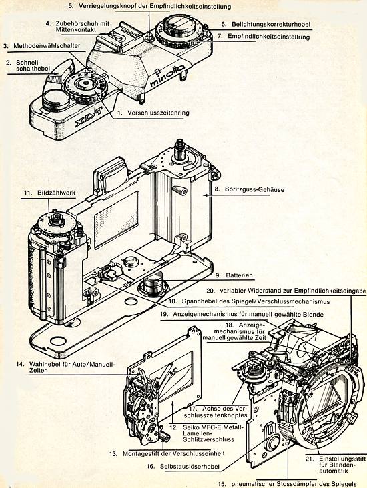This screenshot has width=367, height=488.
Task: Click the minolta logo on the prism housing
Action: coord(167,76)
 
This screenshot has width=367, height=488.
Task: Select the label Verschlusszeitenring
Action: coord(158,113)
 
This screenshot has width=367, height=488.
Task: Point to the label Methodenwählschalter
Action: coord(47,46)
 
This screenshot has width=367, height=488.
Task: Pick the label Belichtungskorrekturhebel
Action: coord(271,24)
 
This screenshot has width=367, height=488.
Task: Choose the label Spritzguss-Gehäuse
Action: coord(254,189)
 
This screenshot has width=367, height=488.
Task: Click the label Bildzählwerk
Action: coord(57,193)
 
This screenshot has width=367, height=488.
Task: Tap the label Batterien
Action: coord(239,275)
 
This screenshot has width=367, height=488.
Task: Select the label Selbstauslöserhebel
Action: coord(190,467)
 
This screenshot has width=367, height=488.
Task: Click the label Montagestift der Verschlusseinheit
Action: coord(173,453)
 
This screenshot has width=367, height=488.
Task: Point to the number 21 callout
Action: coord(309,459)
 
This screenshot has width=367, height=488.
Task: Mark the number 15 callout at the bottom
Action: coord(222,484)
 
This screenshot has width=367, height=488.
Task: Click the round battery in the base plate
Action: coord(153,284)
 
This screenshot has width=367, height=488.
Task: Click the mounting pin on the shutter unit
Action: coord(164,437)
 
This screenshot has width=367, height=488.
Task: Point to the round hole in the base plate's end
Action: coord(58,341)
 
